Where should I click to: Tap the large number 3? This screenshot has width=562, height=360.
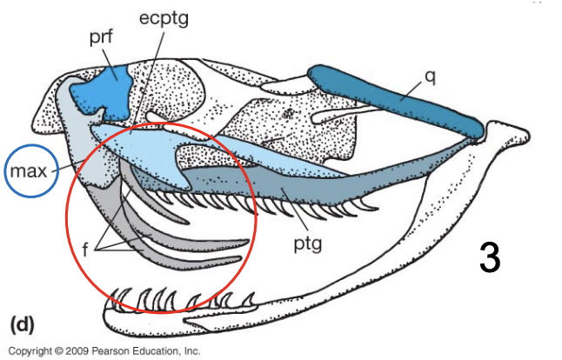coord(490,258)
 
